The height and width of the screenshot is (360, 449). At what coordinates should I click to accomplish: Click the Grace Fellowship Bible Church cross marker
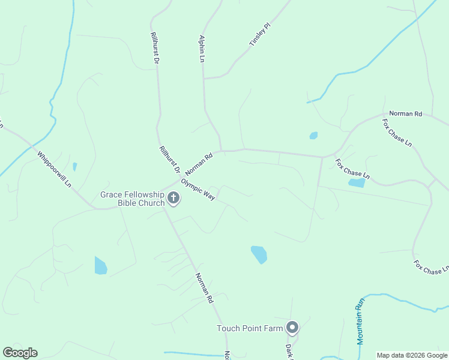coord(173,198)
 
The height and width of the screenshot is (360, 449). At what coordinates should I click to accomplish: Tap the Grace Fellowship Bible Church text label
coord(132,199)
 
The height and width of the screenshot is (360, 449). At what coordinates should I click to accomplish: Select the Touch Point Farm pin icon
coord(292,328)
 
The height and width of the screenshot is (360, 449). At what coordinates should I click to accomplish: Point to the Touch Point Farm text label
coord(250,328)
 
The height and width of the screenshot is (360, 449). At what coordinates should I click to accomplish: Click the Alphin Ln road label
coord(202,48)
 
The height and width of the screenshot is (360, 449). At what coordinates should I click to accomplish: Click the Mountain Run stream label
coord(360,323)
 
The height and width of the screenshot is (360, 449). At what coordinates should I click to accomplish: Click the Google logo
coord(20,353)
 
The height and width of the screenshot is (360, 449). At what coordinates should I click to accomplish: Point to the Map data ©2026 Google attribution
coord(412,355)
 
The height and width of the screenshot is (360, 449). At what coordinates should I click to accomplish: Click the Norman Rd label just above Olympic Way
coord(199,164)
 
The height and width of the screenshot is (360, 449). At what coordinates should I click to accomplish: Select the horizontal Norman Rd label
coord(406,113)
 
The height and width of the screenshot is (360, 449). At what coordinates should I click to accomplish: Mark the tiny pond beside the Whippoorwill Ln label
coord(74,166)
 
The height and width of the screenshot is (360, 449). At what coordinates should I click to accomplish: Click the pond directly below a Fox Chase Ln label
coord(357,183)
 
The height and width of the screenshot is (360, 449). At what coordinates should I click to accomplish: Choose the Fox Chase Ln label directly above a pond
coord(352,169)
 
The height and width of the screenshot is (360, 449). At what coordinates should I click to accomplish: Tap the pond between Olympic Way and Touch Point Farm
coord(259,254)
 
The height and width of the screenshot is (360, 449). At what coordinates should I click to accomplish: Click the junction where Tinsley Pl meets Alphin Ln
coord(204,78)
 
